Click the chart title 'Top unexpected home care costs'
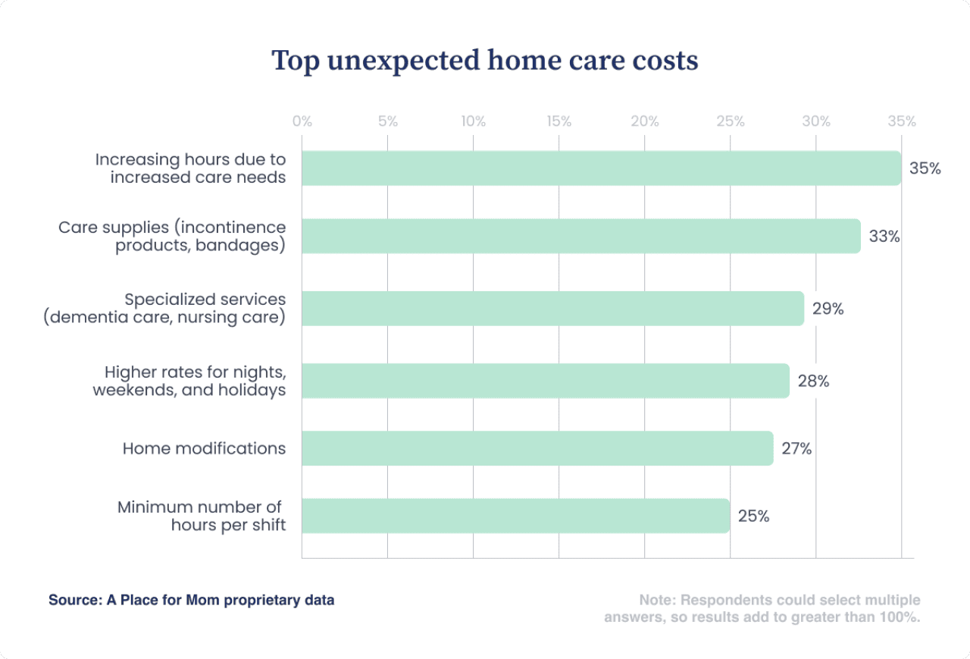[485, 61]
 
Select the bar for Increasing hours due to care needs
[601, 168]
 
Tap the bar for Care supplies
[580, 237]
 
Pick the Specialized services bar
[552, 309]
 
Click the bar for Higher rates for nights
[545, 381]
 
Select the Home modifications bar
[537, 448]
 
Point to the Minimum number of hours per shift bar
[515, 516]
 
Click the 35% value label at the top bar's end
[925, 168]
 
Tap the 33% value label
[884, 237]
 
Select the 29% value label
[828, 309]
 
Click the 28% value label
[813, 381]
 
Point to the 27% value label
[796, 448]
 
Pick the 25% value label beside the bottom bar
[753, 516]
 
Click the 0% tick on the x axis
[302, 121]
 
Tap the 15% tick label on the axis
[559, 121]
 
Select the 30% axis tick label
[815, 121]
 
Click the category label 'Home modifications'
[204, 448]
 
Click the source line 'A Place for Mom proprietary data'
[192, 600]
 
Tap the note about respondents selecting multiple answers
[762, 608]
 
